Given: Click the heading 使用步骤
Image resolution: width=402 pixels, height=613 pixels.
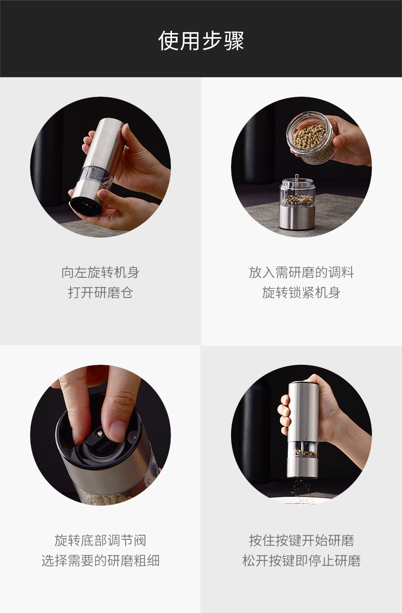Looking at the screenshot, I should (201, 41).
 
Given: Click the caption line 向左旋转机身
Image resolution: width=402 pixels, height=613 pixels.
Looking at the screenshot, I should (100, 273).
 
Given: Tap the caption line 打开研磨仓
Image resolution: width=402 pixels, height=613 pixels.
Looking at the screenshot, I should (100, 293).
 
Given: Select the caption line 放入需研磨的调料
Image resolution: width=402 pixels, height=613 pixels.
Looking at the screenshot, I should (301, 273).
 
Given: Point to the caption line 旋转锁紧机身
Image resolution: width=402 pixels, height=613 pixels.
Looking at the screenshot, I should (301, 293).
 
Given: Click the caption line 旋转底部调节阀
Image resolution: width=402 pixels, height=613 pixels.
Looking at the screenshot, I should (100, 541).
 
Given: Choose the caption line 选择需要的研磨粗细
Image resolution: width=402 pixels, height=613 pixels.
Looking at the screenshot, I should (100, 561).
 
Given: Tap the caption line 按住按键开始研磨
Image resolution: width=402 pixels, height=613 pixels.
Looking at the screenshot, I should (301, 541).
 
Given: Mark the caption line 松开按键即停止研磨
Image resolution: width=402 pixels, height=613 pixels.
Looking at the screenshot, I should (301, 561).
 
